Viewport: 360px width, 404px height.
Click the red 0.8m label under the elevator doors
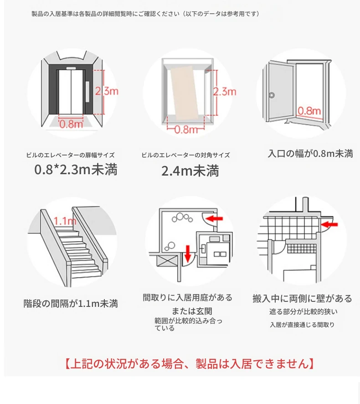tap(72, 124)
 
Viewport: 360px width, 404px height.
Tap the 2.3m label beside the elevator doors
tap(107, 91)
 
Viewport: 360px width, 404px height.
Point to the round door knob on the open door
tap(272, 95)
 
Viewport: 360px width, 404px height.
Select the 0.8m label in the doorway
tap(309, 111)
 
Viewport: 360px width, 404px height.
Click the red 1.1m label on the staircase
tap(65, 221)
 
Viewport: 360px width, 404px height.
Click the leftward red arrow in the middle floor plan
tap(214, 219)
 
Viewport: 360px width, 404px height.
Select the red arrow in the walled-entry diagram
tap(329, 225)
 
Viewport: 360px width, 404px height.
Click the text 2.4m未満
tap(190, 171)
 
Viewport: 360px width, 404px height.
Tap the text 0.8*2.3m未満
tap(76, 170)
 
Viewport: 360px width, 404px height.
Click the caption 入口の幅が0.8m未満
tap(310, 154)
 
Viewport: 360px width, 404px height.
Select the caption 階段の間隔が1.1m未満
tap(71, 304)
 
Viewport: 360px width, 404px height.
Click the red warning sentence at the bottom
tap(190, 363)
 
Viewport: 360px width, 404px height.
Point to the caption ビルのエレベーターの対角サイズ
tap(185, 155)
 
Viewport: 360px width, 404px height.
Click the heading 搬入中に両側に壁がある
tap(302, 298)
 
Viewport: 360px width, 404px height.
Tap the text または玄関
tap(192, 311)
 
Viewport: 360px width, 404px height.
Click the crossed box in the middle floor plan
tap(167, 261)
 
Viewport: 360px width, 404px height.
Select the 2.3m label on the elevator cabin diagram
tap(225, 92)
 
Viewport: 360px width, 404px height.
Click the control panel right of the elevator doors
tap(87, 92)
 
